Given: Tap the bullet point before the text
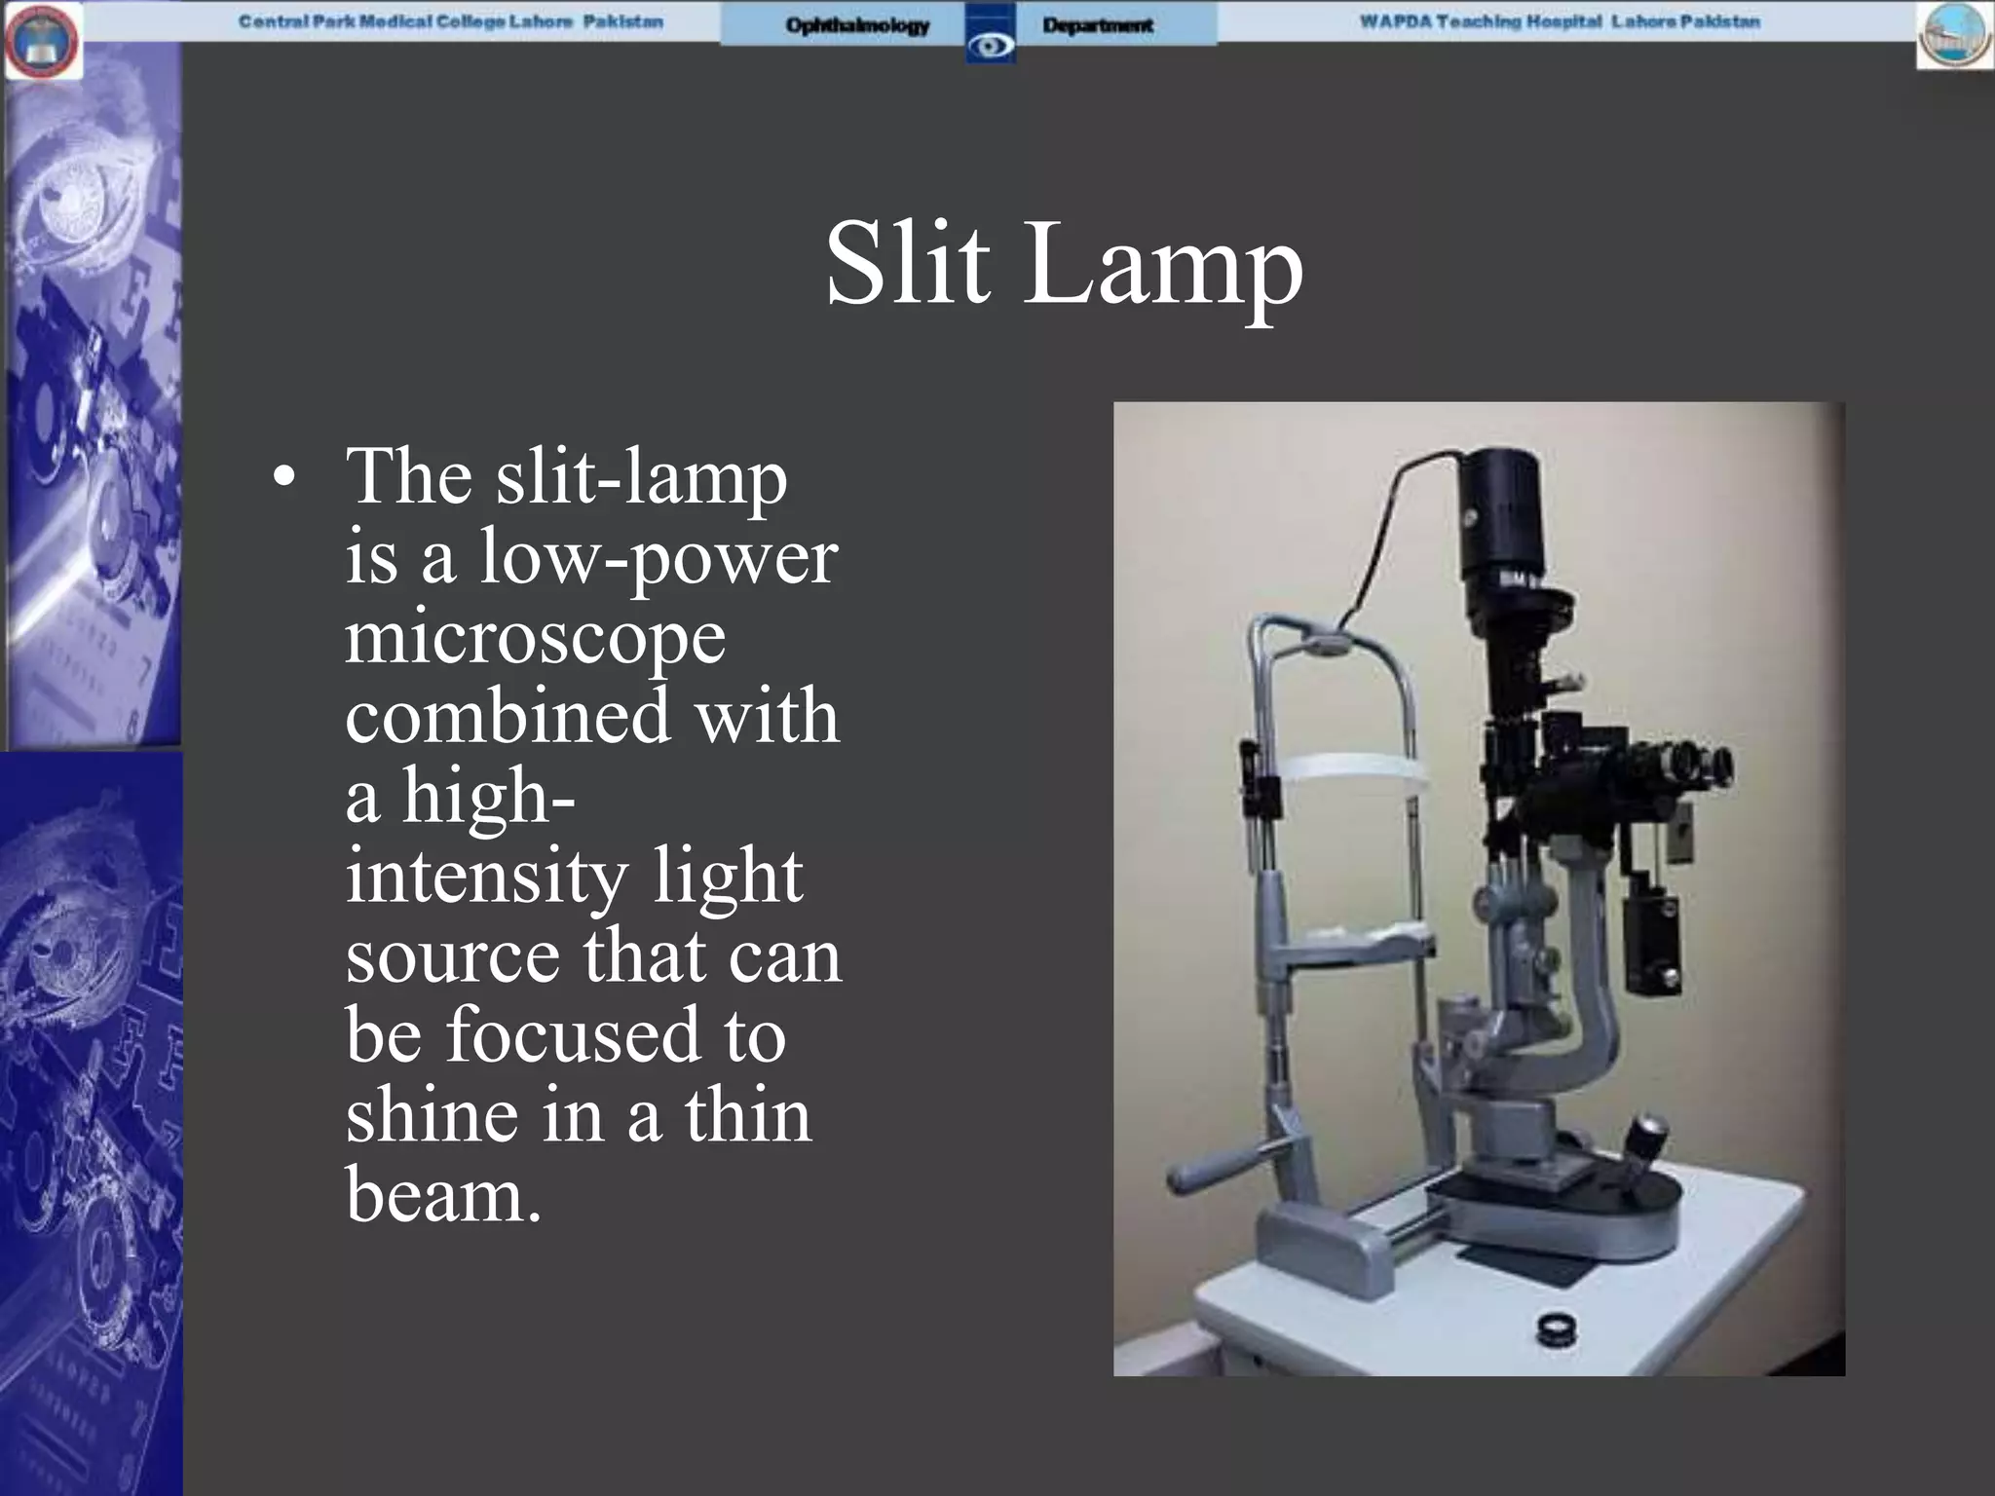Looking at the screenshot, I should [283, 478].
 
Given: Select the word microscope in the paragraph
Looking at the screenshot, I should [536, 638].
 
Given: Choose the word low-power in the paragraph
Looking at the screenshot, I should [658, 559].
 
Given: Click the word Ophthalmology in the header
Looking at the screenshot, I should [857, 25].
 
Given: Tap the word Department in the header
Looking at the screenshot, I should [1097, 25].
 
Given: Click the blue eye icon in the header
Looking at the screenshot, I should [991, 45].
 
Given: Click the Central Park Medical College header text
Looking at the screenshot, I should [451, 21].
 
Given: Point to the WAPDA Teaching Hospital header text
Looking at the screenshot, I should [1560, 21].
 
